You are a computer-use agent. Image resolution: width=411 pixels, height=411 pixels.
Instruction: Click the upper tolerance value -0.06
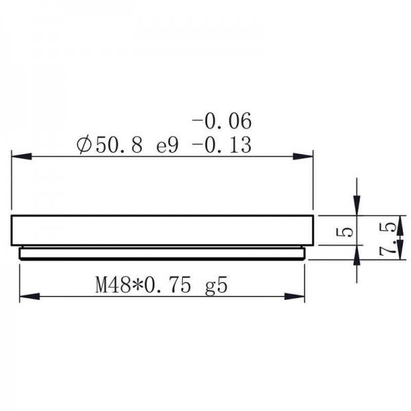(x=222, y=123)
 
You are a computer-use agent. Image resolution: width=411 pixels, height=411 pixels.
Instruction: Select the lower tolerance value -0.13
(x=222, y=145)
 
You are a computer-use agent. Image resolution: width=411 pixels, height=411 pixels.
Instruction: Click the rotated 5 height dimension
(x=347, y=232)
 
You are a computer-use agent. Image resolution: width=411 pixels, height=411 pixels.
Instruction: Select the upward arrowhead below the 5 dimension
(x=356, y=256)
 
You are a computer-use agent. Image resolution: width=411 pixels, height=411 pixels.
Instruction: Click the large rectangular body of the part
(x=162, y=230)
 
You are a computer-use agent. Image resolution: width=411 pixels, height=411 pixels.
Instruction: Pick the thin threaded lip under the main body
(x=162, y=253)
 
